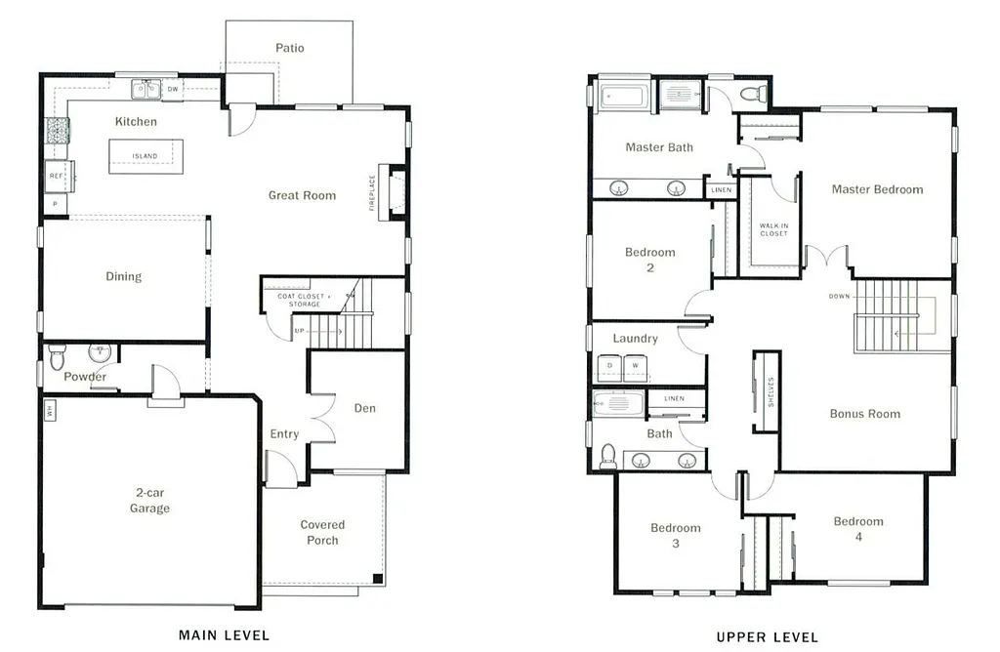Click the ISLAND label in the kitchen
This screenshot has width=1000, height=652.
click(145, 156)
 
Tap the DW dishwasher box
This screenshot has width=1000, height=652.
click(173, 90)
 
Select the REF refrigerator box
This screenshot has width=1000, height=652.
click(55, 177)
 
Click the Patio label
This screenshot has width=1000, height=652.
click(289, 48)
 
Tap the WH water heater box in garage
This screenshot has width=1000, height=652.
click(49, 411)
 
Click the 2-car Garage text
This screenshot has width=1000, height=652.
click(150, 501)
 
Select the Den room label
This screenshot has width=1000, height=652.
click(364, 408)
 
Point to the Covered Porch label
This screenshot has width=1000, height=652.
click(322, 532)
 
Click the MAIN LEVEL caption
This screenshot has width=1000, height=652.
click(224, 635)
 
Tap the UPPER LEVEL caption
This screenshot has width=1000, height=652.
click(767, 637)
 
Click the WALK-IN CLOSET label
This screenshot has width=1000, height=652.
click(773, 229)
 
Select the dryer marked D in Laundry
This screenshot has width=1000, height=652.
click(610, 366)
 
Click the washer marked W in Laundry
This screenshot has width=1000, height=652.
click(635, 366)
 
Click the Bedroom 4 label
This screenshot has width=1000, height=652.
click(858, 529)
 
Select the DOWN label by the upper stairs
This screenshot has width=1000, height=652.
click(839, 296)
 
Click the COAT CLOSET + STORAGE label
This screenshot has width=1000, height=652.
click(304, 300)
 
